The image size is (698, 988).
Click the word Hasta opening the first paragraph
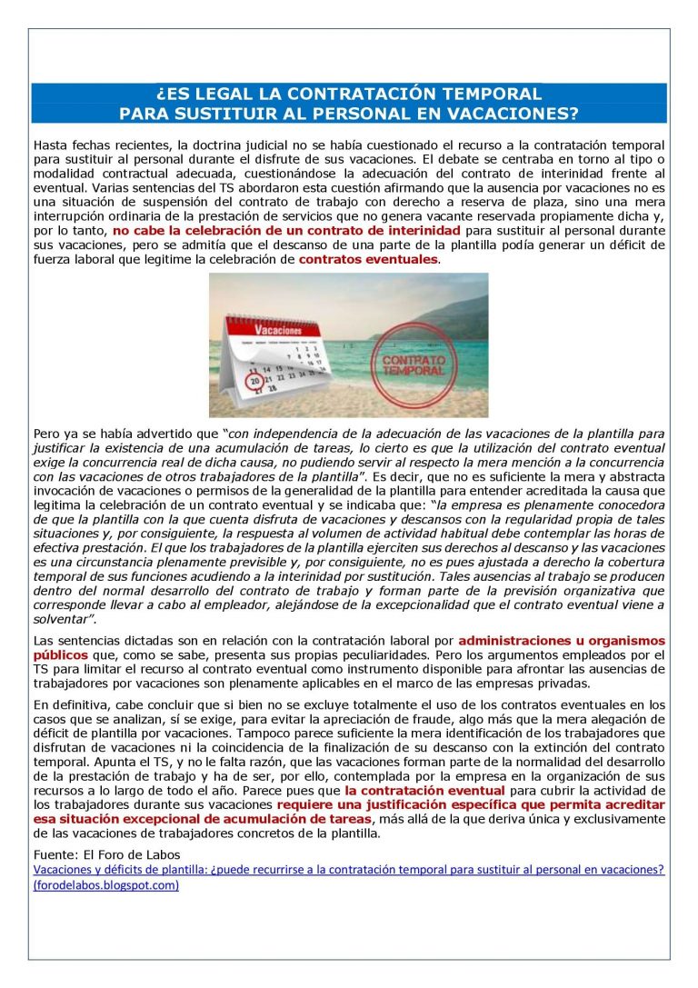51,145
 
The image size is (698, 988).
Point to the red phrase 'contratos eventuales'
368,259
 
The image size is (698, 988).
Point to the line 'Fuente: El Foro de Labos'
105,854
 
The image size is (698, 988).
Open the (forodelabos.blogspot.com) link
105,884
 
